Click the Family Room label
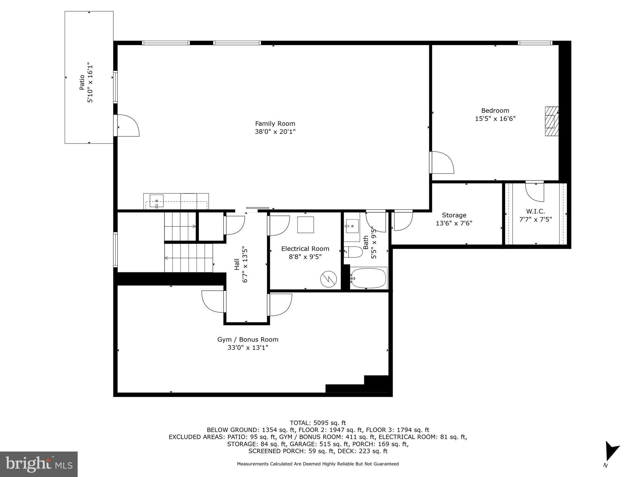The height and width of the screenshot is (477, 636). tap(275, 124)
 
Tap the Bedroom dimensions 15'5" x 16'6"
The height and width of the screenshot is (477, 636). tap(495, 119)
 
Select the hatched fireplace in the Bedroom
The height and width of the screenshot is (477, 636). tap(552, 121)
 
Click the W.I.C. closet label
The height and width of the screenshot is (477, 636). tap(535, 211)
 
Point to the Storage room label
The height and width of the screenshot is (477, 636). tap(454, 215)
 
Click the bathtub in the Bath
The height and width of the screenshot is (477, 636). tap(368, 278)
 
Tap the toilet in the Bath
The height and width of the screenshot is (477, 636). tap(353, 252)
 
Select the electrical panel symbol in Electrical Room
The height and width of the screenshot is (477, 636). tap(328, 279)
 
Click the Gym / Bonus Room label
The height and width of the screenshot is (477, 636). tap(248, 339)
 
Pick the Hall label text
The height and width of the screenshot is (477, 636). tap(237, 264)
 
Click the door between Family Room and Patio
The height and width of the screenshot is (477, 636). tap(127, 125)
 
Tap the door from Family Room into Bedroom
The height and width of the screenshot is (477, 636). tap(441, 162)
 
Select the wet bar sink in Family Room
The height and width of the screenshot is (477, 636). tap(157, 201)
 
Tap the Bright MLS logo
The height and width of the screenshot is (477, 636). tap(39, 464)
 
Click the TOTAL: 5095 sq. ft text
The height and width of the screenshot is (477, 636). tap(318, 423)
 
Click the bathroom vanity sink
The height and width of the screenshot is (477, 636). tap(352, 226)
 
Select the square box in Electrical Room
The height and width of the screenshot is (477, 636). tap(305, 225)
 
